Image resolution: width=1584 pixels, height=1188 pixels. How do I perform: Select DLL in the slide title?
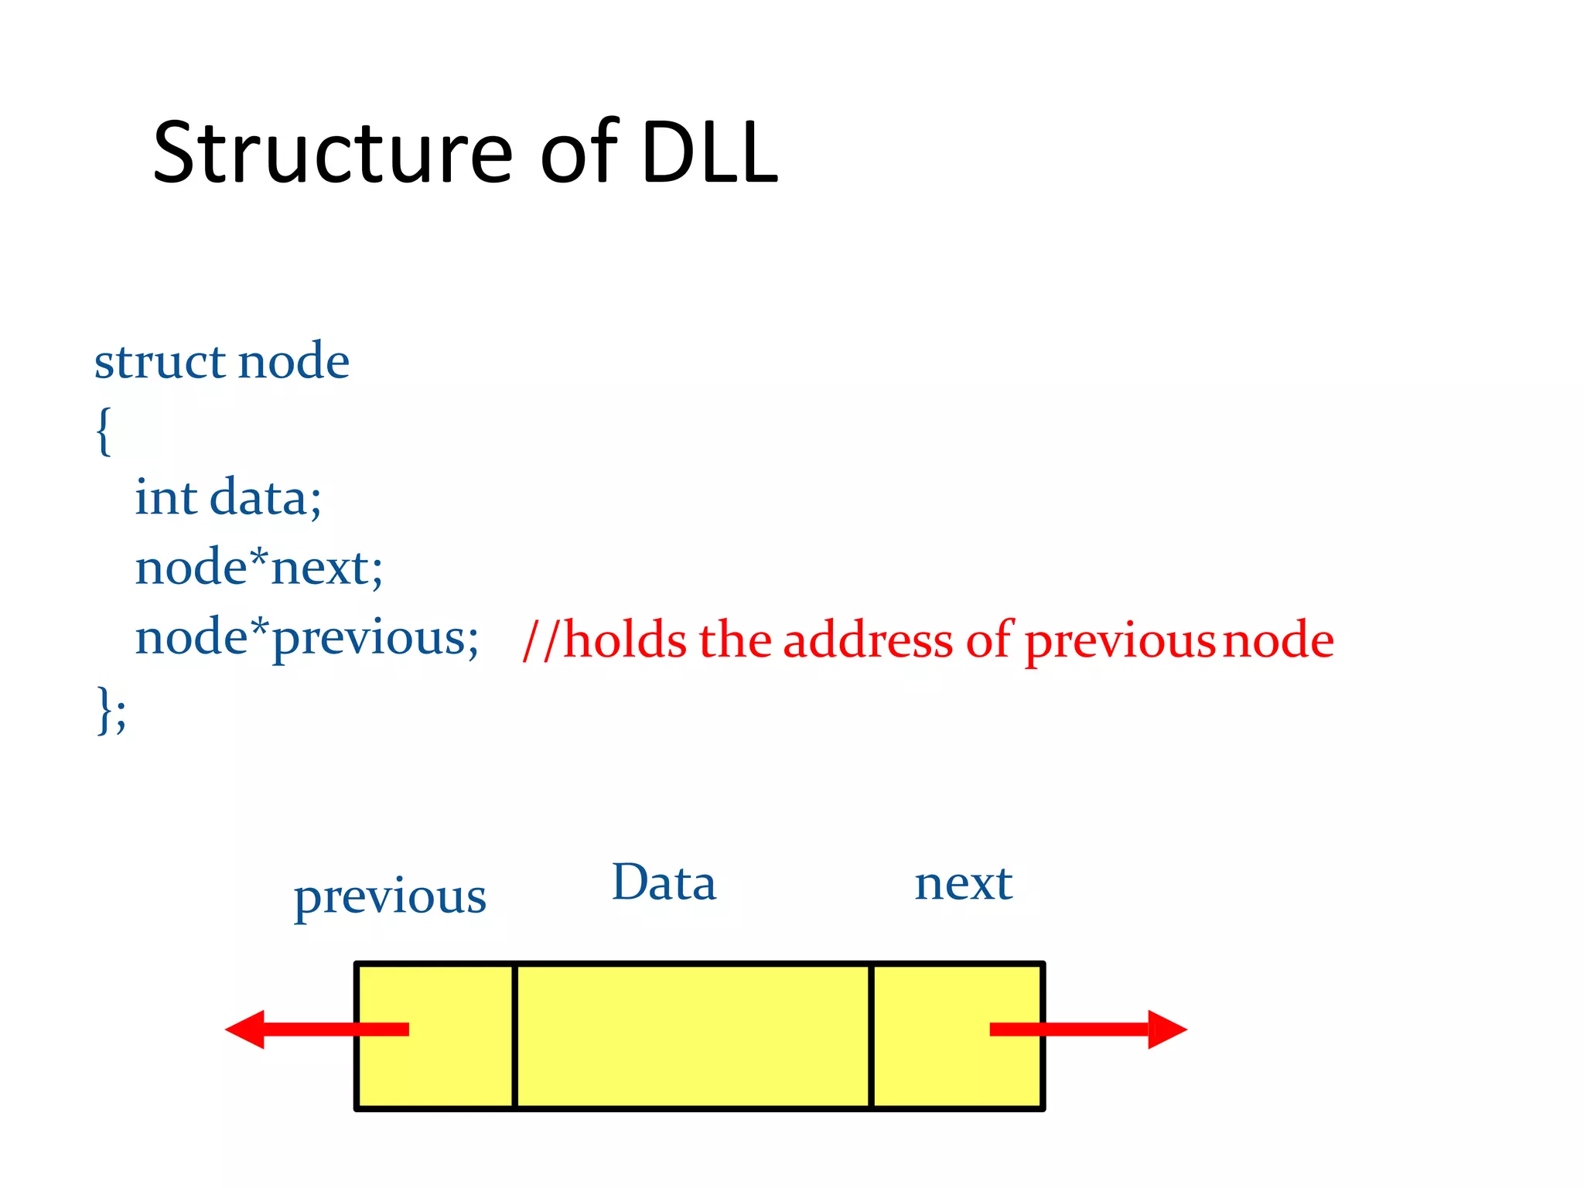tap(708, 152)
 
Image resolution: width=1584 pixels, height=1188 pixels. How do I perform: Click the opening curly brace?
tap(104, 430)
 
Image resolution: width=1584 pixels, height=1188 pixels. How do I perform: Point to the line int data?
tap(227, 497)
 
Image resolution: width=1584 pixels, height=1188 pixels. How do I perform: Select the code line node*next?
tap(258, 568)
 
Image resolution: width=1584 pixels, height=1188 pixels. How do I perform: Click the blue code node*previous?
tap(306, 639)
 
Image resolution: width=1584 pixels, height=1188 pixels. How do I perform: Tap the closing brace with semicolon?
tap(111, 708)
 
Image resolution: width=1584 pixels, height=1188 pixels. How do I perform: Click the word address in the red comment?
tap(868, 640)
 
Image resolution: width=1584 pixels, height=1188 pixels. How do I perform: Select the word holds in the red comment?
tap(625, 640)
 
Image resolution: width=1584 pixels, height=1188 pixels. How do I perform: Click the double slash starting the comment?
tap(540, 640)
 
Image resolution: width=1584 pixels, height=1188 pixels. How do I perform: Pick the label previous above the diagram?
tap(390, 898)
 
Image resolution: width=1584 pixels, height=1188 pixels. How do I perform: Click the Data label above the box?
tap(664, 882)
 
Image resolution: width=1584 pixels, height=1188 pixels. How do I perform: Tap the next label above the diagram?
tap(963, 882)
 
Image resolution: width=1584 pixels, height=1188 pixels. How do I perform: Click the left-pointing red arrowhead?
tap(246, 1029)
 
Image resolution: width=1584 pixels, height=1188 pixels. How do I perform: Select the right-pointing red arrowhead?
tap(1166, 1029)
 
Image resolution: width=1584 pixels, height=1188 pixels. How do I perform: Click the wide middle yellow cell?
tap(692, 1036)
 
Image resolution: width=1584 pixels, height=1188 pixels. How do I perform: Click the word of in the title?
tap(579, 152)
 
